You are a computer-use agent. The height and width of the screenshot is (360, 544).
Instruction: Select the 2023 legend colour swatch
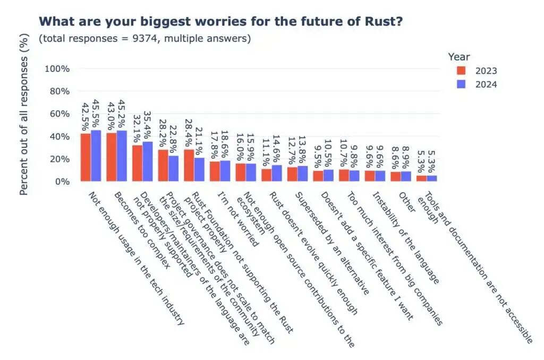(461, 71)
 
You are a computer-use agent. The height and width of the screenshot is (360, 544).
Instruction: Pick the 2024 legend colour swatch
(461, 84)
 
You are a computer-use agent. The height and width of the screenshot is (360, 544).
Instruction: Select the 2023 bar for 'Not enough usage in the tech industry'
(86, 157)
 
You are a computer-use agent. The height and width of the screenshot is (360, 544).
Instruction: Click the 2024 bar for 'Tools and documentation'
(431, 178)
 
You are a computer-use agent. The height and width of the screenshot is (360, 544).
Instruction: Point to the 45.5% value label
(96, 113)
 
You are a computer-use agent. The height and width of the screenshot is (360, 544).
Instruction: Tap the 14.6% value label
(276, 148)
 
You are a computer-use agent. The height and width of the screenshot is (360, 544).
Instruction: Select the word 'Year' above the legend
(459, 56)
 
